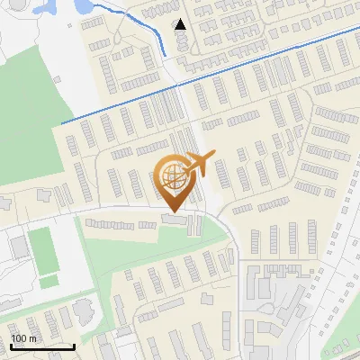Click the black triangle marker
tap(180, 24)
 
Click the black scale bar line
tap(42, 346)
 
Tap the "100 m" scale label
tap(24, 338)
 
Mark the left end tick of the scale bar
tap(11, 345)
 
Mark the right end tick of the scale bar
tap(74, 345)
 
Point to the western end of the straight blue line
tap(62, 122)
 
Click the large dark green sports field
tap(41, 250)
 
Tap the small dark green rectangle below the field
tap(49, 282)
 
